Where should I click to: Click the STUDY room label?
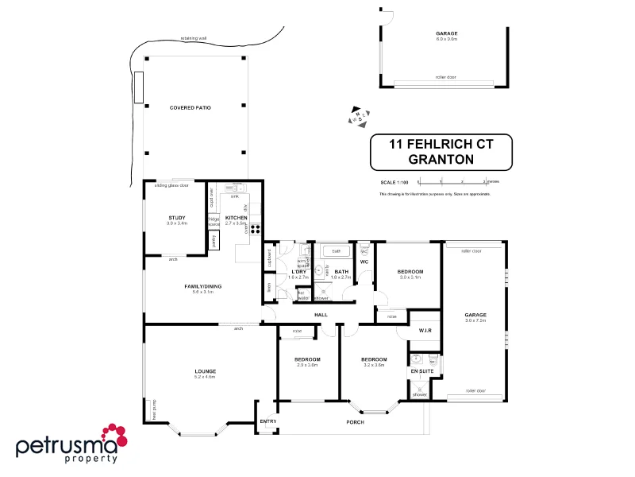click(x=176, y=217)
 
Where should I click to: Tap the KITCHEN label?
click(x=237, y=217)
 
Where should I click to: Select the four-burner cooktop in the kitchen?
click(x=256, y=229)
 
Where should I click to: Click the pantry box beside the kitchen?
click(x=214, y=241)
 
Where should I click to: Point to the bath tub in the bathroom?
click(x=337, y=250)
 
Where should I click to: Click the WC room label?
click(x=364, y=261)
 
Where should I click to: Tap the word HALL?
click(x=321, y=315)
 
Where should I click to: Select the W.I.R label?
click(x=425, y=330)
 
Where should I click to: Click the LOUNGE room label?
click(x=206, y=370)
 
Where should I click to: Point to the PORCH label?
click(x=356, y=422)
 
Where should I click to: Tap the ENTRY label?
click(x=267, y=421)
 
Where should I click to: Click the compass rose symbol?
click(x=360, y=116)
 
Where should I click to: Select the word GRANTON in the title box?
click(x=441, y=159)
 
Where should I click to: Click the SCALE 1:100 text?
click(x=394, y=183)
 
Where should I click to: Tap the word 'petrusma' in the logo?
click(x=57, y=445)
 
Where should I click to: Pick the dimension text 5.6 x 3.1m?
click(x=202, y=293)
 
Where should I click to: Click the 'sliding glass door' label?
click(x=171, y=185)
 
